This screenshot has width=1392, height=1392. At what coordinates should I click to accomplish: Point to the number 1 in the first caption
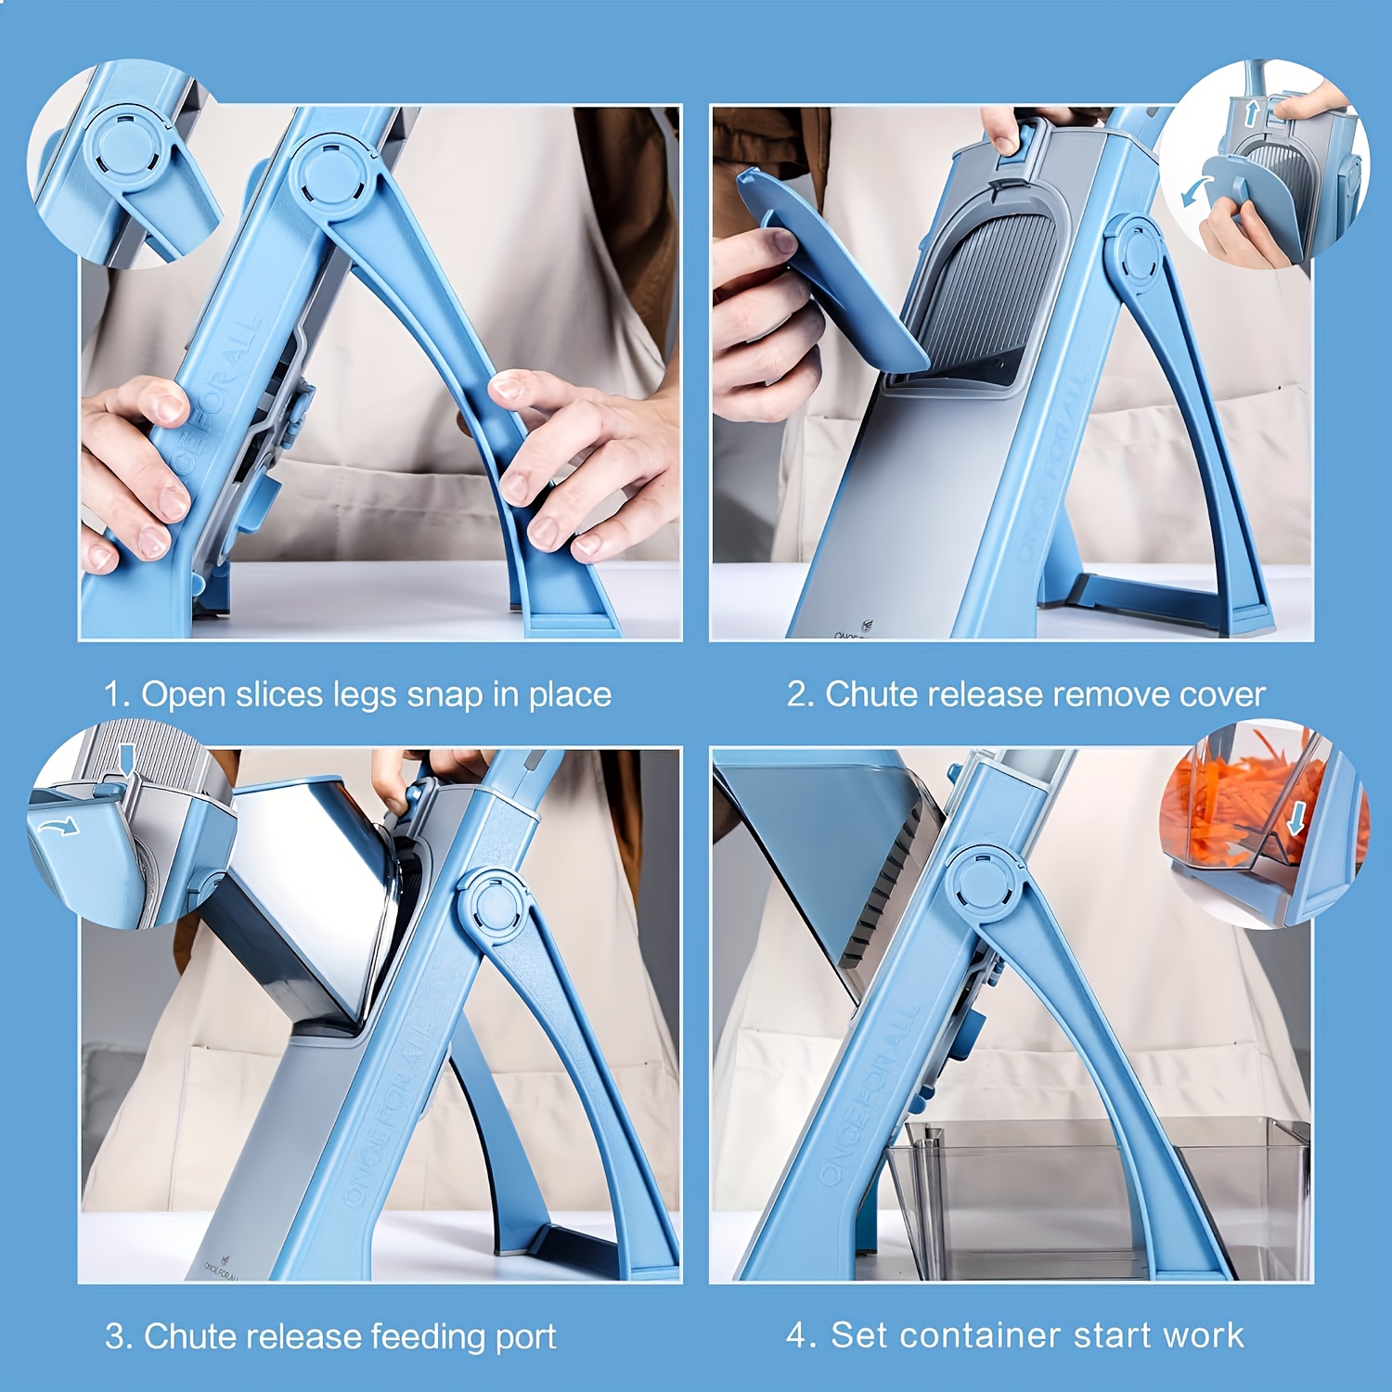tap(113, 695)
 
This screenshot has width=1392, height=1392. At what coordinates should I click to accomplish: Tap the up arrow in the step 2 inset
tap(1251, 113)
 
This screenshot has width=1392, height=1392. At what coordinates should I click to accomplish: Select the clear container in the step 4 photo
tap(1095, 1197)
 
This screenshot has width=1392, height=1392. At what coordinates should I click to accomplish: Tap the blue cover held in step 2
tap(826, 269)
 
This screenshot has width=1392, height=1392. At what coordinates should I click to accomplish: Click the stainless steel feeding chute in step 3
tap(306, 891)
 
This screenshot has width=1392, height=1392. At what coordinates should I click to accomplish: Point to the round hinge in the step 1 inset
tap(128, 146)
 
